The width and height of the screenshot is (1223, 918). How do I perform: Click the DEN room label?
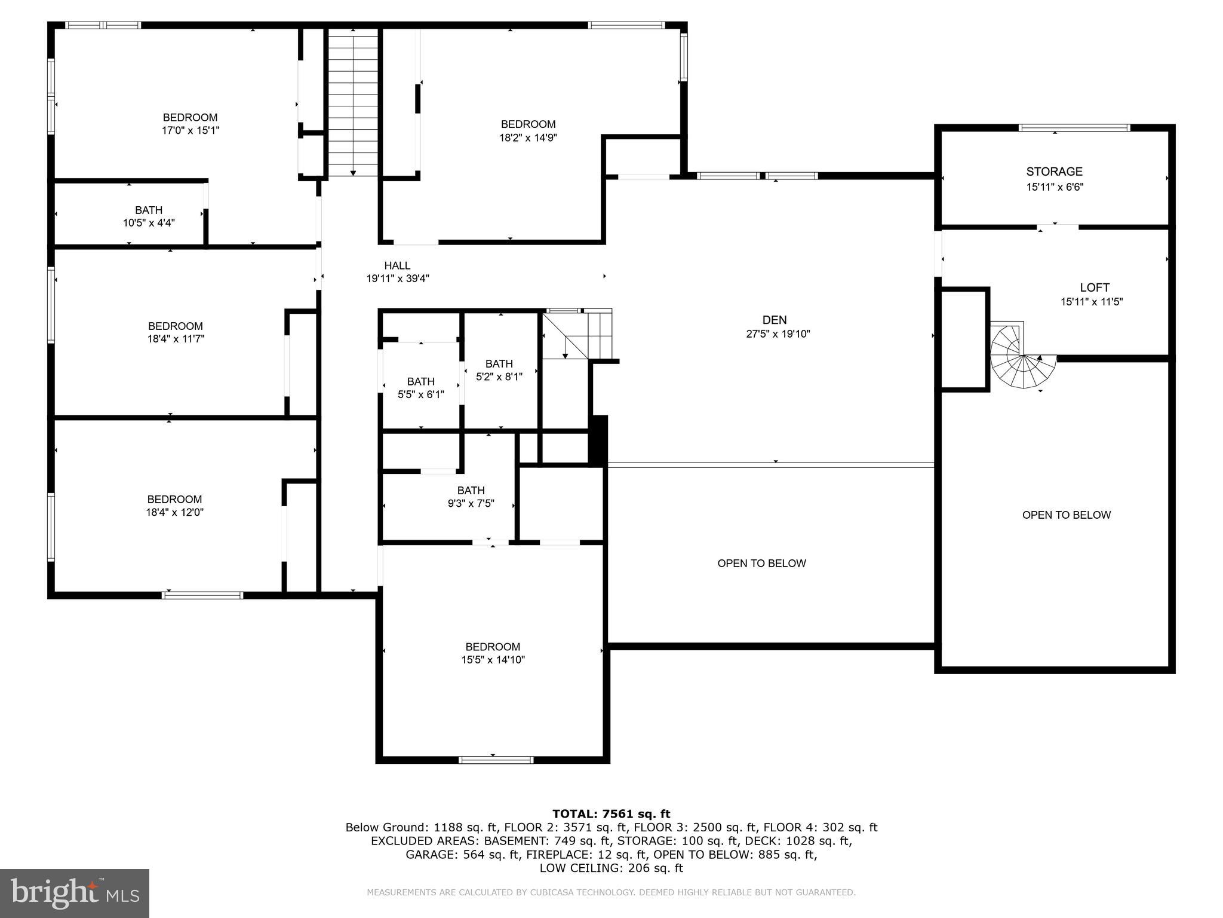[775, 320]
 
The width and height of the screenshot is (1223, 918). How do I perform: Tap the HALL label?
[397, 265]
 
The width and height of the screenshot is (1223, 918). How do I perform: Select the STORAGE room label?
[1054, 172]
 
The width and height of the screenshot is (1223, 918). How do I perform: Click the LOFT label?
[1095, 287]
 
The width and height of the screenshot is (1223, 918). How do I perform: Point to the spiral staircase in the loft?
[1022, 358]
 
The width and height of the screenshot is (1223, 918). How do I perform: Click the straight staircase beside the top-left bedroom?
[353, 102]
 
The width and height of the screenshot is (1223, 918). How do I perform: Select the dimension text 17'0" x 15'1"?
[190, 130]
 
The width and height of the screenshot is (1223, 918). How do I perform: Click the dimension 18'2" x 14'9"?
[528, 137]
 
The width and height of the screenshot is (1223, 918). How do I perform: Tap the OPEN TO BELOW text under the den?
[761, 563]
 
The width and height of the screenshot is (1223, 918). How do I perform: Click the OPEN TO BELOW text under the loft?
[1066, 515]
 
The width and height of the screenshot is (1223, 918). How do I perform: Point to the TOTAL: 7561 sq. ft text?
[611, 813]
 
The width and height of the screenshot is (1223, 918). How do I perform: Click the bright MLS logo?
[75, 893]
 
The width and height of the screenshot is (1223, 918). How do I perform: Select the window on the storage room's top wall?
[1074, 128]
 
